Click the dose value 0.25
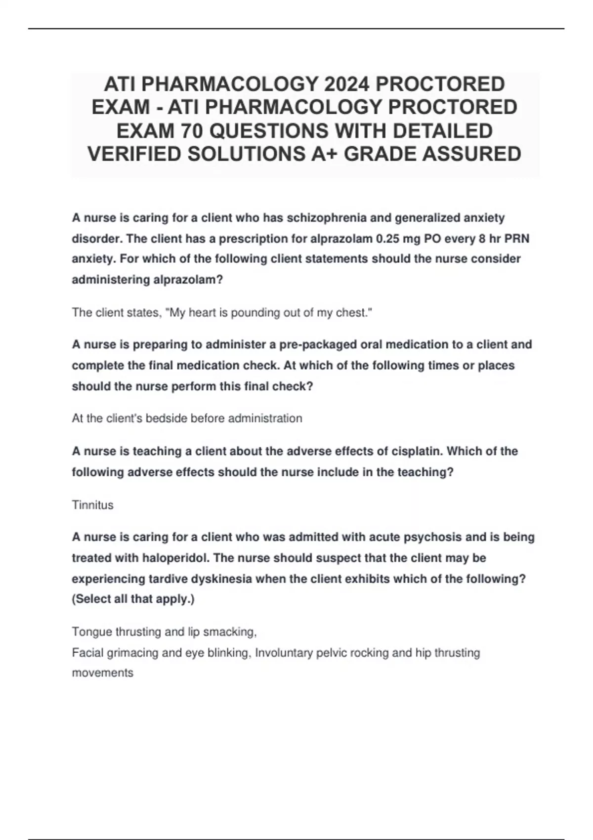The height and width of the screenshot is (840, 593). click(x=390, y=239)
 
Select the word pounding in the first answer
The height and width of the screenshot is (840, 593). click(x=254, y=313)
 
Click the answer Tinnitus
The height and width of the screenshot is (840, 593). click(x=92, y=505)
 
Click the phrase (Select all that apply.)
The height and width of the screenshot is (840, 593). click(x=133, y=599)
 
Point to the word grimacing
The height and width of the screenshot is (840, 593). click(x=134, y=653)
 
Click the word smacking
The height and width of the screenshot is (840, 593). click(x=229, y=632)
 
